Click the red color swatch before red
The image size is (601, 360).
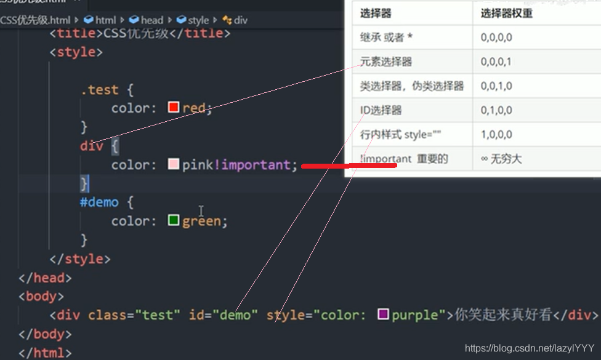173,108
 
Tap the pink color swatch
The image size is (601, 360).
174,164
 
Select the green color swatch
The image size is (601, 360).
174,220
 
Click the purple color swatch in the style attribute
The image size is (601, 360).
384,314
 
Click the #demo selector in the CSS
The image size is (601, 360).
99,202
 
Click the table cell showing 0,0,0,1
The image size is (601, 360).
496,62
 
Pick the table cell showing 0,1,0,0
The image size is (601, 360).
496,110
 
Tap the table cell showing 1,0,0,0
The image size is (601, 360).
496,134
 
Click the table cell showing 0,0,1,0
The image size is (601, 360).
496,86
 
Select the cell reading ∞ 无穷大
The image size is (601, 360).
501,159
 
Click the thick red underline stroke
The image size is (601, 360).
349,165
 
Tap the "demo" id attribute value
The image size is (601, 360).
236,315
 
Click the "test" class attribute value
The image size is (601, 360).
158,315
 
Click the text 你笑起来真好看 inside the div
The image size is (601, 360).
502,315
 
